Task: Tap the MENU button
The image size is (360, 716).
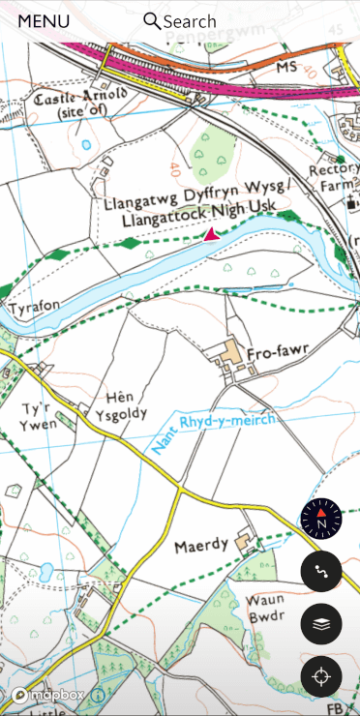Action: coord(44,21)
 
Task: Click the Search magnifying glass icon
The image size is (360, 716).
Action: coord(152,21)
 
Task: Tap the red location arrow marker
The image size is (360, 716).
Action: coord(211,234)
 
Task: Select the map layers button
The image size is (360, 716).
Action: coord(321,624)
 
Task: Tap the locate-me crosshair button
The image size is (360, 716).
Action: coord(321,676)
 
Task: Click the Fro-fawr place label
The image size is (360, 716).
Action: coord(276,355)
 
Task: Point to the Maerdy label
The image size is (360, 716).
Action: coord(200,547)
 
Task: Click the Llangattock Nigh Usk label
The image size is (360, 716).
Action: coord(200,214)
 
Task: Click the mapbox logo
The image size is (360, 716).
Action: coord(48,695)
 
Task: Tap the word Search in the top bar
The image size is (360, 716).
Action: coord(190,21)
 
